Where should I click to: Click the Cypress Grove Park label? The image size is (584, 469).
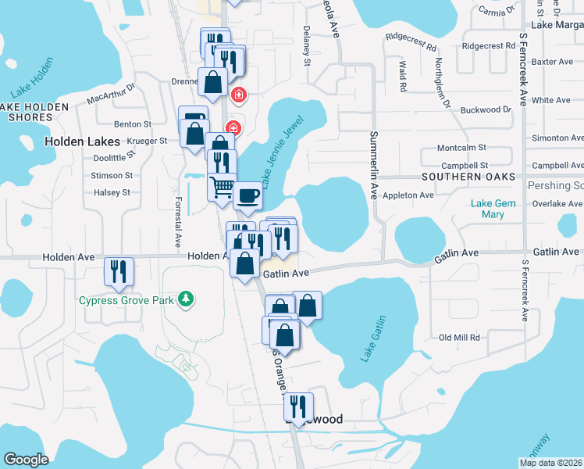coord(126,299)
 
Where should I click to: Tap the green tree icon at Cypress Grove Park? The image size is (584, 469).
coord(185,299)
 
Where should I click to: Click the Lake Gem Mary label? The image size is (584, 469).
coord(492,209)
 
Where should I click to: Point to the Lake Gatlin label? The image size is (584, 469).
coord(374,338)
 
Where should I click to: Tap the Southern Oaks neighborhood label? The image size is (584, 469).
coord(468,177)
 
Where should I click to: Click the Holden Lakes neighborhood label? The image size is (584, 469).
coord(83,141)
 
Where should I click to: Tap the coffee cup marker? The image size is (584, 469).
coord(247,195)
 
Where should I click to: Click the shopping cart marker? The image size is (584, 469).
coord(222,187)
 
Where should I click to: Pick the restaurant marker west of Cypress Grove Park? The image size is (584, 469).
coord(119,270)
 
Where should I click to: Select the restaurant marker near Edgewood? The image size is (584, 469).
coord(298,406)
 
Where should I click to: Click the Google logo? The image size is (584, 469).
coord(26,459)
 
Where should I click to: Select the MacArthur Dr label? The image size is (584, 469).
coord(111,95)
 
